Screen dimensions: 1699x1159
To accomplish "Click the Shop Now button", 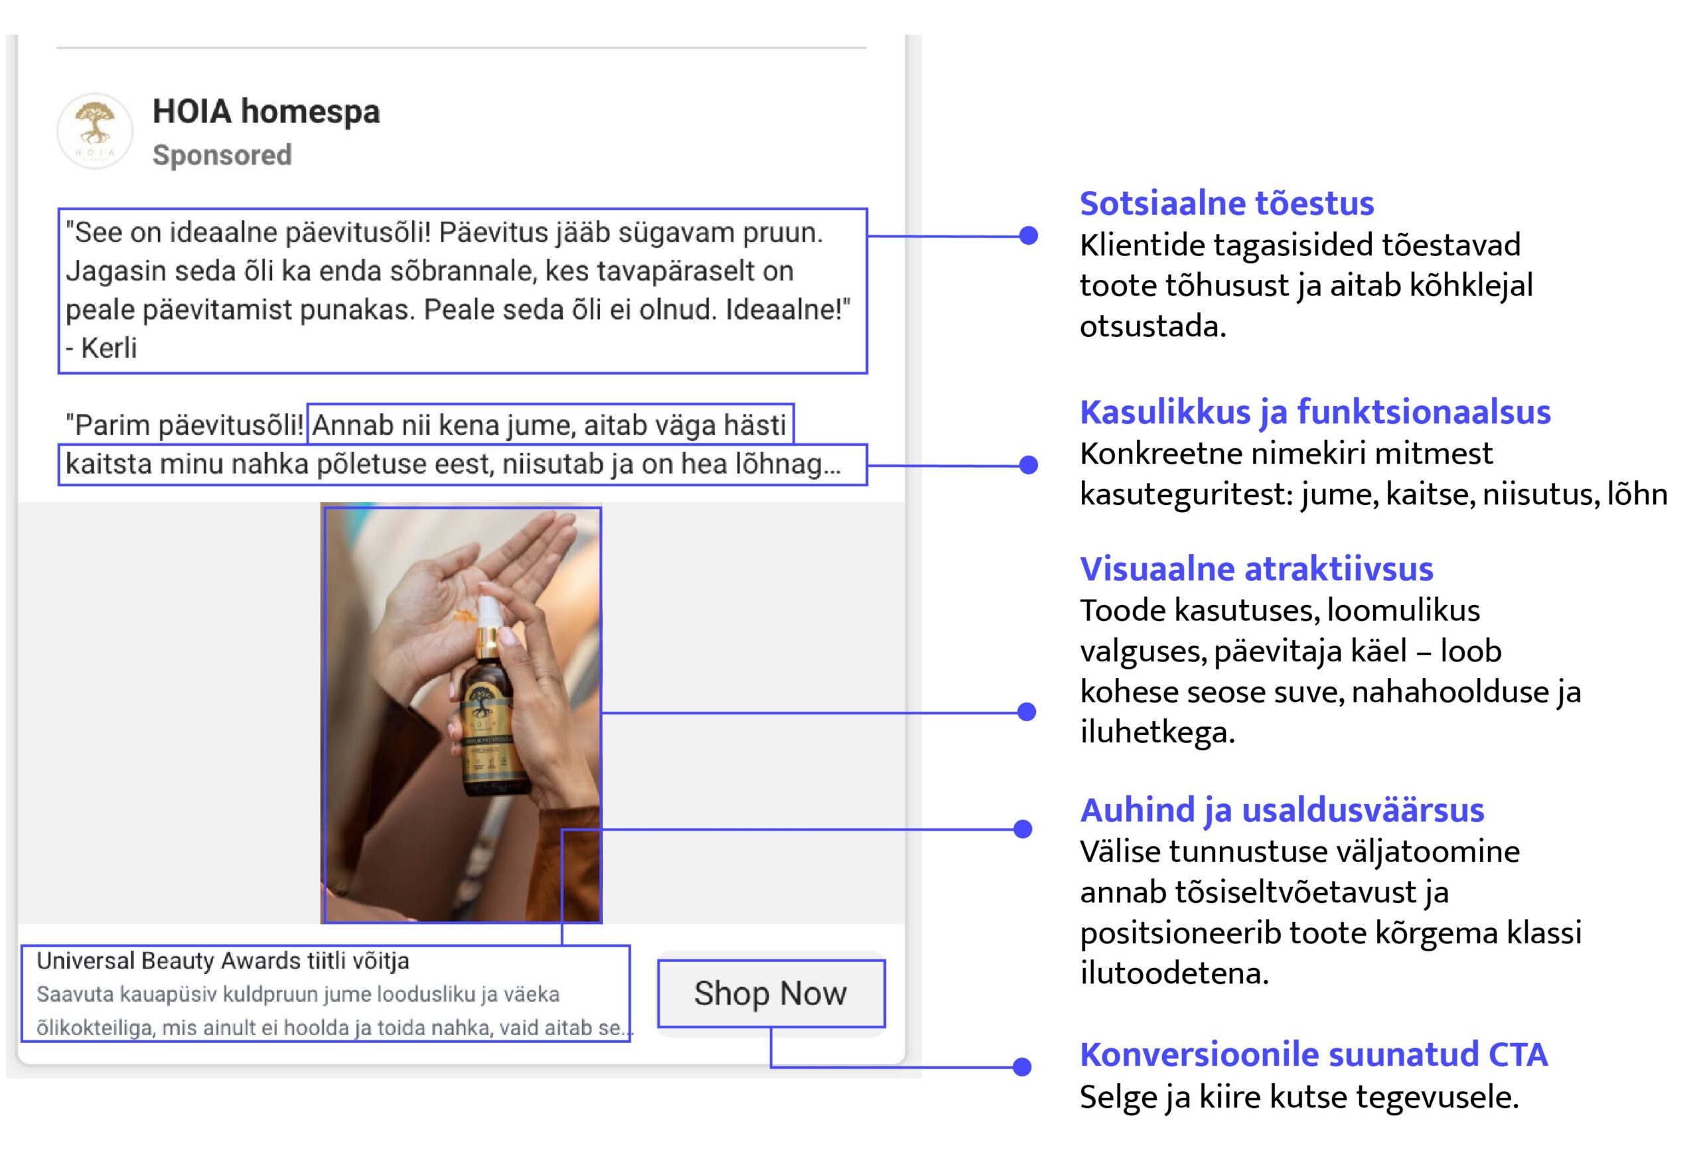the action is point(771,994).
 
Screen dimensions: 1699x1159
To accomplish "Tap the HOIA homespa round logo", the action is point(95,131).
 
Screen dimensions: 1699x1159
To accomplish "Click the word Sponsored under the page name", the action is point(222,155).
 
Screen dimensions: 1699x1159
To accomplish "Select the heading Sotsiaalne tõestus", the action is point(1226,203).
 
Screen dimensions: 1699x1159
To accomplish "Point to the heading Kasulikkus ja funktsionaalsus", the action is point(1315,412).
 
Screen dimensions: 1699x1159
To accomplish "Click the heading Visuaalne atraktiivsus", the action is point(1257,569).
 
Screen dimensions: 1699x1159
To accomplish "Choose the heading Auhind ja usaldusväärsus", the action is point(1282,809).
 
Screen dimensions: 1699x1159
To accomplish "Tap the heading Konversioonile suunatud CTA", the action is point(1313,1054).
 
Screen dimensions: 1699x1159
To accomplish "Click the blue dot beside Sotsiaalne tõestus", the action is point(1029,236).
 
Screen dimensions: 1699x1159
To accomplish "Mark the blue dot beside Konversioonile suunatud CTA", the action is point(1023,1067).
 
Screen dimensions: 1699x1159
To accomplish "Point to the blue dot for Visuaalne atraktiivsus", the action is point(1027,712).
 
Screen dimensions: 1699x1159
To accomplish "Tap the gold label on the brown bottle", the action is point(488,731).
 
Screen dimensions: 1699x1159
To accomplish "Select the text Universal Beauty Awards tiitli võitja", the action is point(223,960).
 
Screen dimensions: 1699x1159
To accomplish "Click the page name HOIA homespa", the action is point(266,111).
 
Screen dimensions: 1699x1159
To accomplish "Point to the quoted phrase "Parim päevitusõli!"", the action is point(185,425).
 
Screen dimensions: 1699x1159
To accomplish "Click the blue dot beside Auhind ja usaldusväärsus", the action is point(1023,829).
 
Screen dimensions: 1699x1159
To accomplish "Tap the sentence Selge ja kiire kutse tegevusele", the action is point(1299,1096).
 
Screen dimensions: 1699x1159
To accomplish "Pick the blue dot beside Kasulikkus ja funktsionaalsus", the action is point(1029,465).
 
